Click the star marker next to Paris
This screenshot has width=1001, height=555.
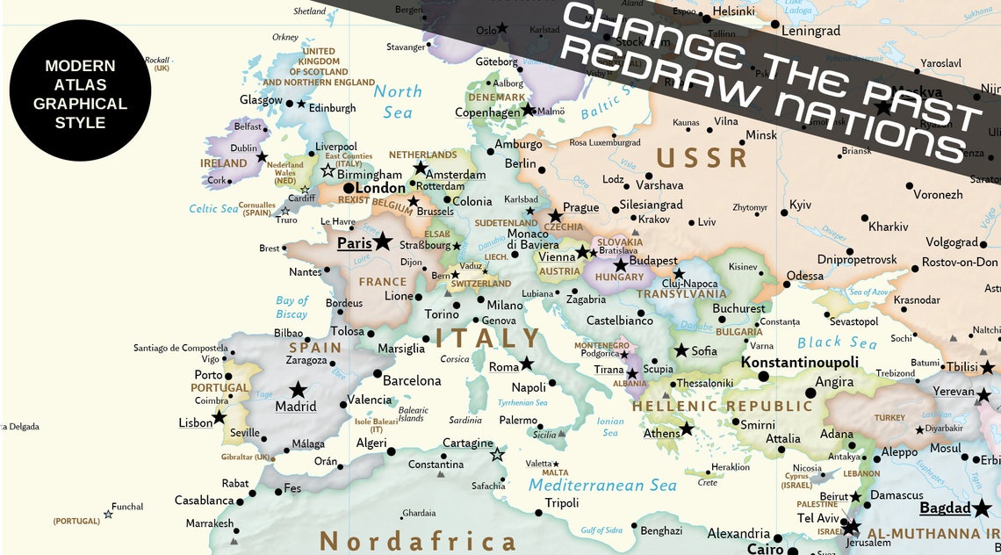click(x=383, y=241)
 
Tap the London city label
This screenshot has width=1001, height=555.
click(x=380, y=188)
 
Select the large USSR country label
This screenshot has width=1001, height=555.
click(x=702, y=158)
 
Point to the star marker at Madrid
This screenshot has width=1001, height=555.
click(x=299, y=389)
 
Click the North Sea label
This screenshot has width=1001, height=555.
click(x=398, y=101)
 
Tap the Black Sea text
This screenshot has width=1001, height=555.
click(x=837, y=343)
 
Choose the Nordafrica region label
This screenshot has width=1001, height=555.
click(x=417, y=540)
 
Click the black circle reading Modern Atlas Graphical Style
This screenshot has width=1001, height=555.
click(x=80, y=90)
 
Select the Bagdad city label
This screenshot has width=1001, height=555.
click(x=945, y=508)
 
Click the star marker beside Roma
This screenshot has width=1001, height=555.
click(x=526, y=364)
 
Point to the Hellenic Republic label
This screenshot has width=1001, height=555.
click(x=723, y=407)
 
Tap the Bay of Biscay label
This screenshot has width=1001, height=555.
click(x=292, y=307)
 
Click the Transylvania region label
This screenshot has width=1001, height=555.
click(x=681, y=294)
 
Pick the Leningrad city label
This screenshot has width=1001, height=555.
click(x=810, y=31)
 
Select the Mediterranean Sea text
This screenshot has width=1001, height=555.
click(x=602, y=486)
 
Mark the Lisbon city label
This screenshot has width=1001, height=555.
click(x=196, y=422)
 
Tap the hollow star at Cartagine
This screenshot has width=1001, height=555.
click(x=497, y=454)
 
